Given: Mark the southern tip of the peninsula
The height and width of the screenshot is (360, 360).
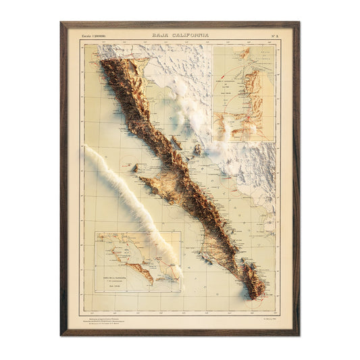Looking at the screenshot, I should (257, 295).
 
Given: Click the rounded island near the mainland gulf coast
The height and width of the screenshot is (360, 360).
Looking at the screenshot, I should (198, 148).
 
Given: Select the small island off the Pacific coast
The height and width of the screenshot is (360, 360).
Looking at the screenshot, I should (135, 167).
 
